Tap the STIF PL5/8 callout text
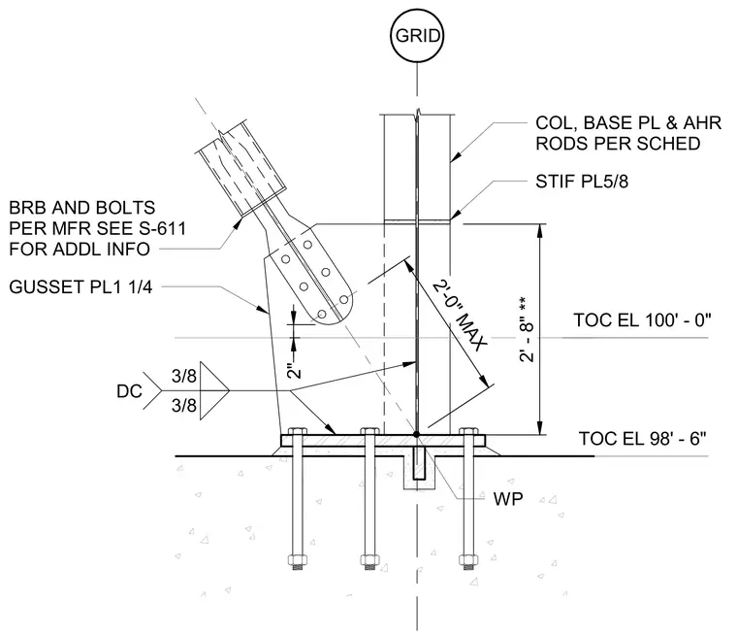click(x=582, y=182)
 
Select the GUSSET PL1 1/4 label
click(x=80, y=286)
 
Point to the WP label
click(x=507, y=498)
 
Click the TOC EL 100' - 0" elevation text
click(x=642, y=320)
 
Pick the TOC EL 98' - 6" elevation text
click(x=642, y=438)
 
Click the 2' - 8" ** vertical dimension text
click(x=528, y=328)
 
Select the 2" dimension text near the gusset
click(x=294, y=371)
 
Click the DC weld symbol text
click(x=129, y=390)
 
